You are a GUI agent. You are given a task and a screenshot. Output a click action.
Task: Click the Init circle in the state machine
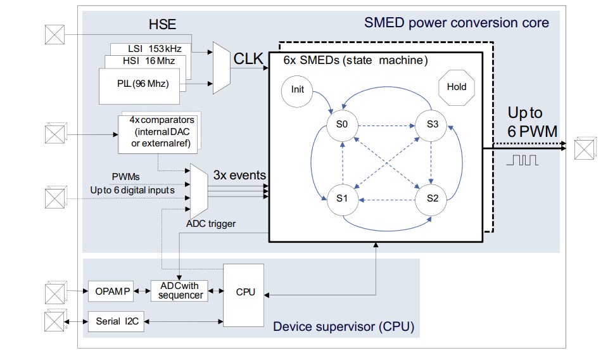click(x=298, y=89)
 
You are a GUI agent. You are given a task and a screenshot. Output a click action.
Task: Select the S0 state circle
click(x=343, y=124)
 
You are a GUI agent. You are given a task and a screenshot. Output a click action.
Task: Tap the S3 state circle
click(x=432, y=124)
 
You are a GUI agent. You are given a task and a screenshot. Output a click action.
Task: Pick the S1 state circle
click(x=343, y=198)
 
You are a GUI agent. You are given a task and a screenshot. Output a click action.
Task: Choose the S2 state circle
click(x=432, y=198)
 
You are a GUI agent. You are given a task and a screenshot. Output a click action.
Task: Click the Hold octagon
click(x=456, y=87)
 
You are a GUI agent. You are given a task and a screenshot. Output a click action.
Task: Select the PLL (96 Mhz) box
click(x=139, y=83)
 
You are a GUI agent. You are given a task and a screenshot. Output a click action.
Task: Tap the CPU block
click(x=245, y=292)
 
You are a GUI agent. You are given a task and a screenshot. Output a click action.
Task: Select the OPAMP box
click(x=113, y=292)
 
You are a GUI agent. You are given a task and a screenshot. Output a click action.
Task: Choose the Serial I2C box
click(x=116, y=322)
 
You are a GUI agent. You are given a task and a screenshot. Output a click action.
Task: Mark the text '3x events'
click(x=239, y=174)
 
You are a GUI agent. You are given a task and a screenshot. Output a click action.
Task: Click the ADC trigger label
click(x=212, y=224)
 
